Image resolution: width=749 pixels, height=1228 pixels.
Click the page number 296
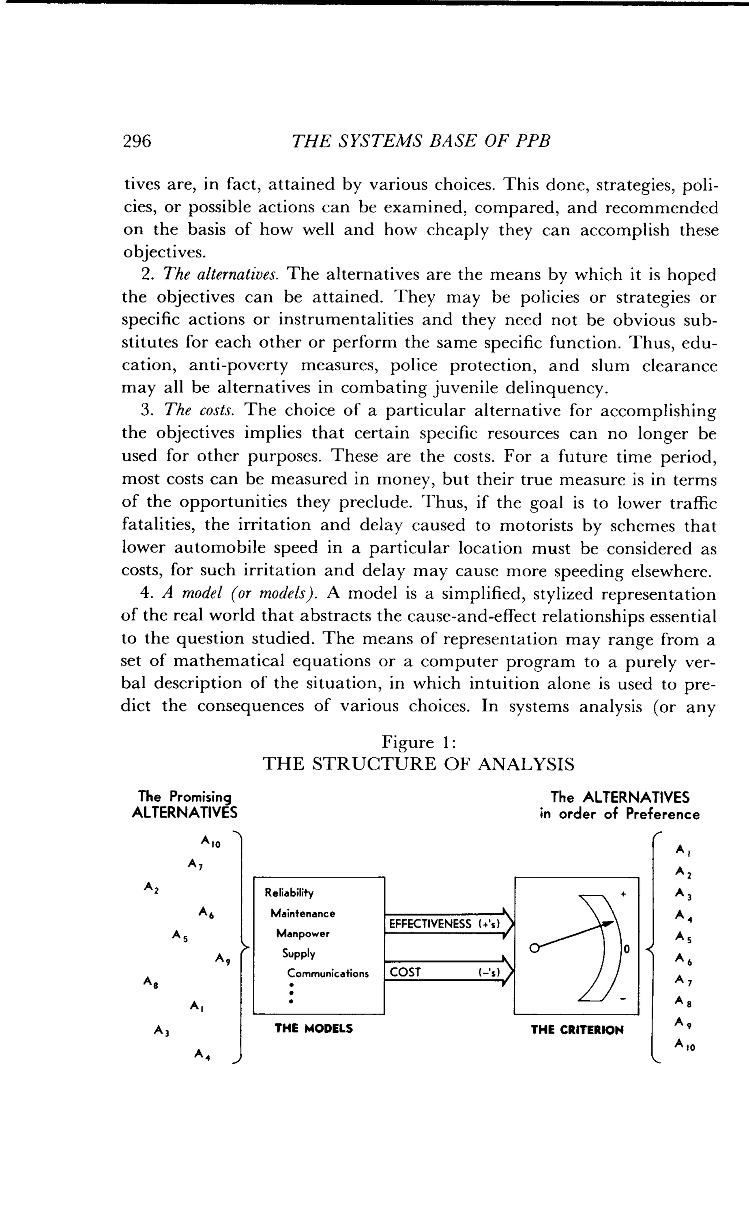coord(137,141)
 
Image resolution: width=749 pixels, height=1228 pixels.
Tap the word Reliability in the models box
coord(289,892)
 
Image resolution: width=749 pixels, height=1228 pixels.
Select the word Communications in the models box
coord(328,973)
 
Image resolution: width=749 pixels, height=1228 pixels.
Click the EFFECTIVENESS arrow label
coord(430,924)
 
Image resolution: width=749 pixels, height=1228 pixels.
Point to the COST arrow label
coord(405,972)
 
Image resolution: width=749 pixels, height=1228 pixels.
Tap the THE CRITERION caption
coord(577,1030)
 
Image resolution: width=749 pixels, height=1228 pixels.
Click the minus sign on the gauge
coord(623,999)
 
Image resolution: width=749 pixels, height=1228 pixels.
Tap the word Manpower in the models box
coord(303,933)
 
